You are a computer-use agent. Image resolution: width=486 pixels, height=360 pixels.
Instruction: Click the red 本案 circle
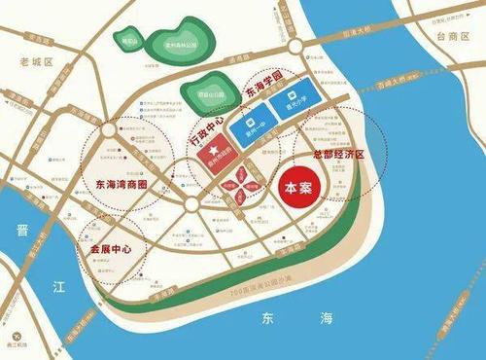click(297, 188)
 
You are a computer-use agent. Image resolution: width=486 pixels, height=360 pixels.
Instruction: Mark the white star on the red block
click(219, 152)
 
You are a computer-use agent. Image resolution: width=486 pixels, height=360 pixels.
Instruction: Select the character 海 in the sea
click(328, 319)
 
